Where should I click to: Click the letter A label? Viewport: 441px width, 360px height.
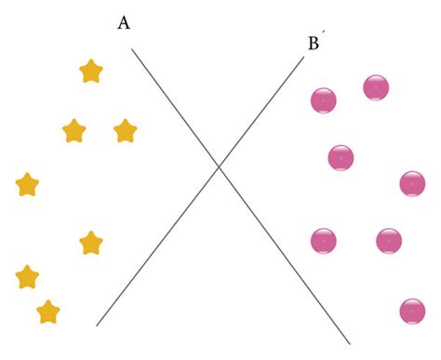click(124, 23)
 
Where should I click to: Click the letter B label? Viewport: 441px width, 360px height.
click(313, 43)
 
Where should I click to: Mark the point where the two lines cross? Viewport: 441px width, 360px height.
click(219, 167)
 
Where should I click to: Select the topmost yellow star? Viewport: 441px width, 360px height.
click(91, 72)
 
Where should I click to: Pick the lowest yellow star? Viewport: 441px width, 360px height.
click(48, 312)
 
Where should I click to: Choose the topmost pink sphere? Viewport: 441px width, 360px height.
click(376, 87)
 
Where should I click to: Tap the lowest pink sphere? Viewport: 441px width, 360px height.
click(412, 311)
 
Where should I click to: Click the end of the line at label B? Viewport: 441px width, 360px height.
click(304, 59)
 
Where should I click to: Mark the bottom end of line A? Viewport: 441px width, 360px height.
click(350, 344)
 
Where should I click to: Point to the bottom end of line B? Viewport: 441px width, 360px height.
click(97, 326)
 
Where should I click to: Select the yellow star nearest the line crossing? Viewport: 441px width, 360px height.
click(126, 132)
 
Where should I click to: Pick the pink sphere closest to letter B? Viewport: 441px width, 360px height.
click(323, 100)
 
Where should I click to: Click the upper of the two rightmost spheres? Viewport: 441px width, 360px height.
click(412, 183)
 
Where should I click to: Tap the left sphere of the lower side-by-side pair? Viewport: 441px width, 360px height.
click(323, 241)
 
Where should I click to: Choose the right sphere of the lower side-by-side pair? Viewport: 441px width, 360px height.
click(389, 241)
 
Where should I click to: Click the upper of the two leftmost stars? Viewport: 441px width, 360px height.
click(28, 185)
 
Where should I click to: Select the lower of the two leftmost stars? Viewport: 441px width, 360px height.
click(28, 277)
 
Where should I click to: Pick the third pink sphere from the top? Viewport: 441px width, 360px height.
click(341, 157)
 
